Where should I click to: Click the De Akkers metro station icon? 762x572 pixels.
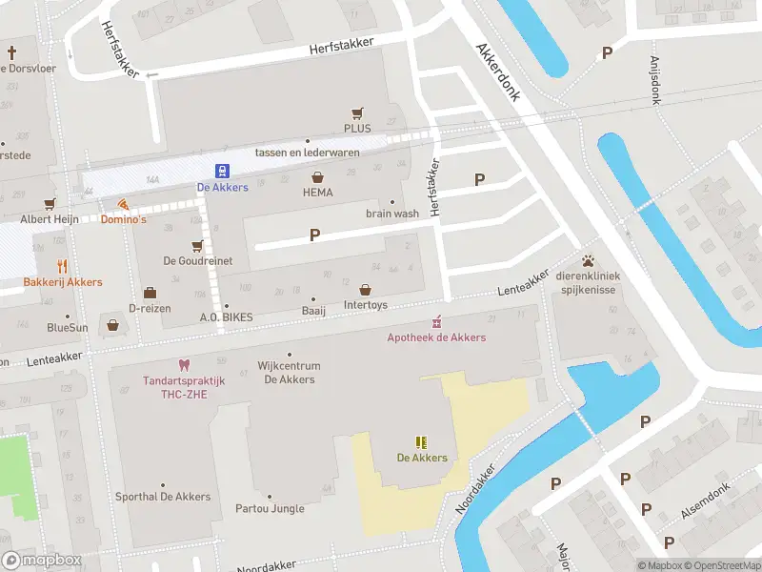[x=222, y=171]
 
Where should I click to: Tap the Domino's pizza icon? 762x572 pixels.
[x=123, y=204]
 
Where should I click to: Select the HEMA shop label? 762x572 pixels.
[x=317, y=192]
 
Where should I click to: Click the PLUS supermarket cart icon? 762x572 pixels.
[x=358, y=112]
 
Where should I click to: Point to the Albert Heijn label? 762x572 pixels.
[x=46, y=219]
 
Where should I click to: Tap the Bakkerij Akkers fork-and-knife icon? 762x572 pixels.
[x=62, y=266]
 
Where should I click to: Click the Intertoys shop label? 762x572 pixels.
[x=366, y=306]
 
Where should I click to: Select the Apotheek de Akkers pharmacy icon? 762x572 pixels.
[x=437, y=320]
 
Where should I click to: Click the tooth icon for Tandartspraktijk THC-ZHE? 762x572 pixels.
[x=183, y=365]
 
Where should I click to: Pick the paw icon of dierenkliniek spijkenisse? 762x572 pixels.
[x=589, y=259]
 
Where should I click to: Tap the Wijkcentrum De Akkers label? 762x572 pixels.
[x=290, y=372]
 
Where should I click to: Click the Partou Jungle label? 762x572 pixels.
[x=270, y=508]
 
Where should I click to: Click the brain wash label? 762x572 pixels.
[x=392, y=214]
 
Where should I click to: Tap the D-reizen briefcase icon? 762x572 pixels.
[x=150, y=293]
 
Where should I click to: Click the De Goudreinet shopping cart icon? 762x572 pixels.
[x=197, y=245]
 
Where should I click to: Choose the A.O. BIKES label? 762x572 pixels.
[x=225, y=317]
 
